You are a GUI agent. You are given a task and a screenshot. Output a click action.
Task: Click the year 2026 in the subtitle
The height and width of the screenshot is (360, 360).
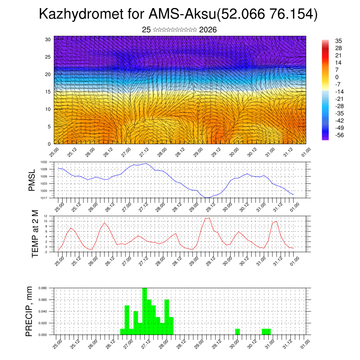tap(208, 30)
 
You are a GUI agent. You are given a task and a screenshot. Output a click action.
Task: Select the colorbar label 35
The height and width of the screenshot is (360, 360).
tap(339, 41)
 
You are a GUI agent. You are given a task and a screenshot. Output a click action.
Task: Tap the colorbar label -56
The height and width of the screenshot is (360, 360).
tap(340, 135)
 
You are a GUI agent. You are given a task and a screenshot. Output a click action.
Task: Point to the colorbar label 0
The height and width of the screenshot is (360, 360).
tap(337, 77)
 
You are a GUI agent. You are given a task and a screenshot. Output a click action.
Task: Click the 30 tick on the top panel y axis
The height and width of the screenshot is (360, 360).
tap(48, 39)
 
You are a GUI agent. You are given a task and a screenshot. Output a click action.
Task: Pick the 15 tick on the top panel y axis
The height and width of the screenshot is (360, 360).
tap(48, 92)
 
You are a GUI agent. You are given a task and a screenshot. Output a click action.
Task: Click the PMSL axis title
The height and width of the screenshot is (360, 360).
tap(32, 180)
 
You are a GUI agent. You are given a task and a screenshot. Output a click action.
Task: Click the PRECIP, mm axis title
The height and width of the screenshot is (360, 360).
tap(30, 311)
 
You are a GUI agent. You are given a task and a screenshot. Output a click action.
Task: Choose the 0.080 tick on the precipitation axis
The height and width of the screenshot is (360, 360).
tap(43, 288)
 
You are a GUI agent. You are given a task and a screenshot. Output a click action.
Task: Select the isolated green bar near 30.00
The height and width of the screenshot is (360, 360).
tap(238, 332)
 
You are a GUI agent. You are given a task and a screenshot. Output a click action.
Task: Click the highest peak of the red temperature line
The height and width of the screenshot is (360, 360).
tap(210, 218)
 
